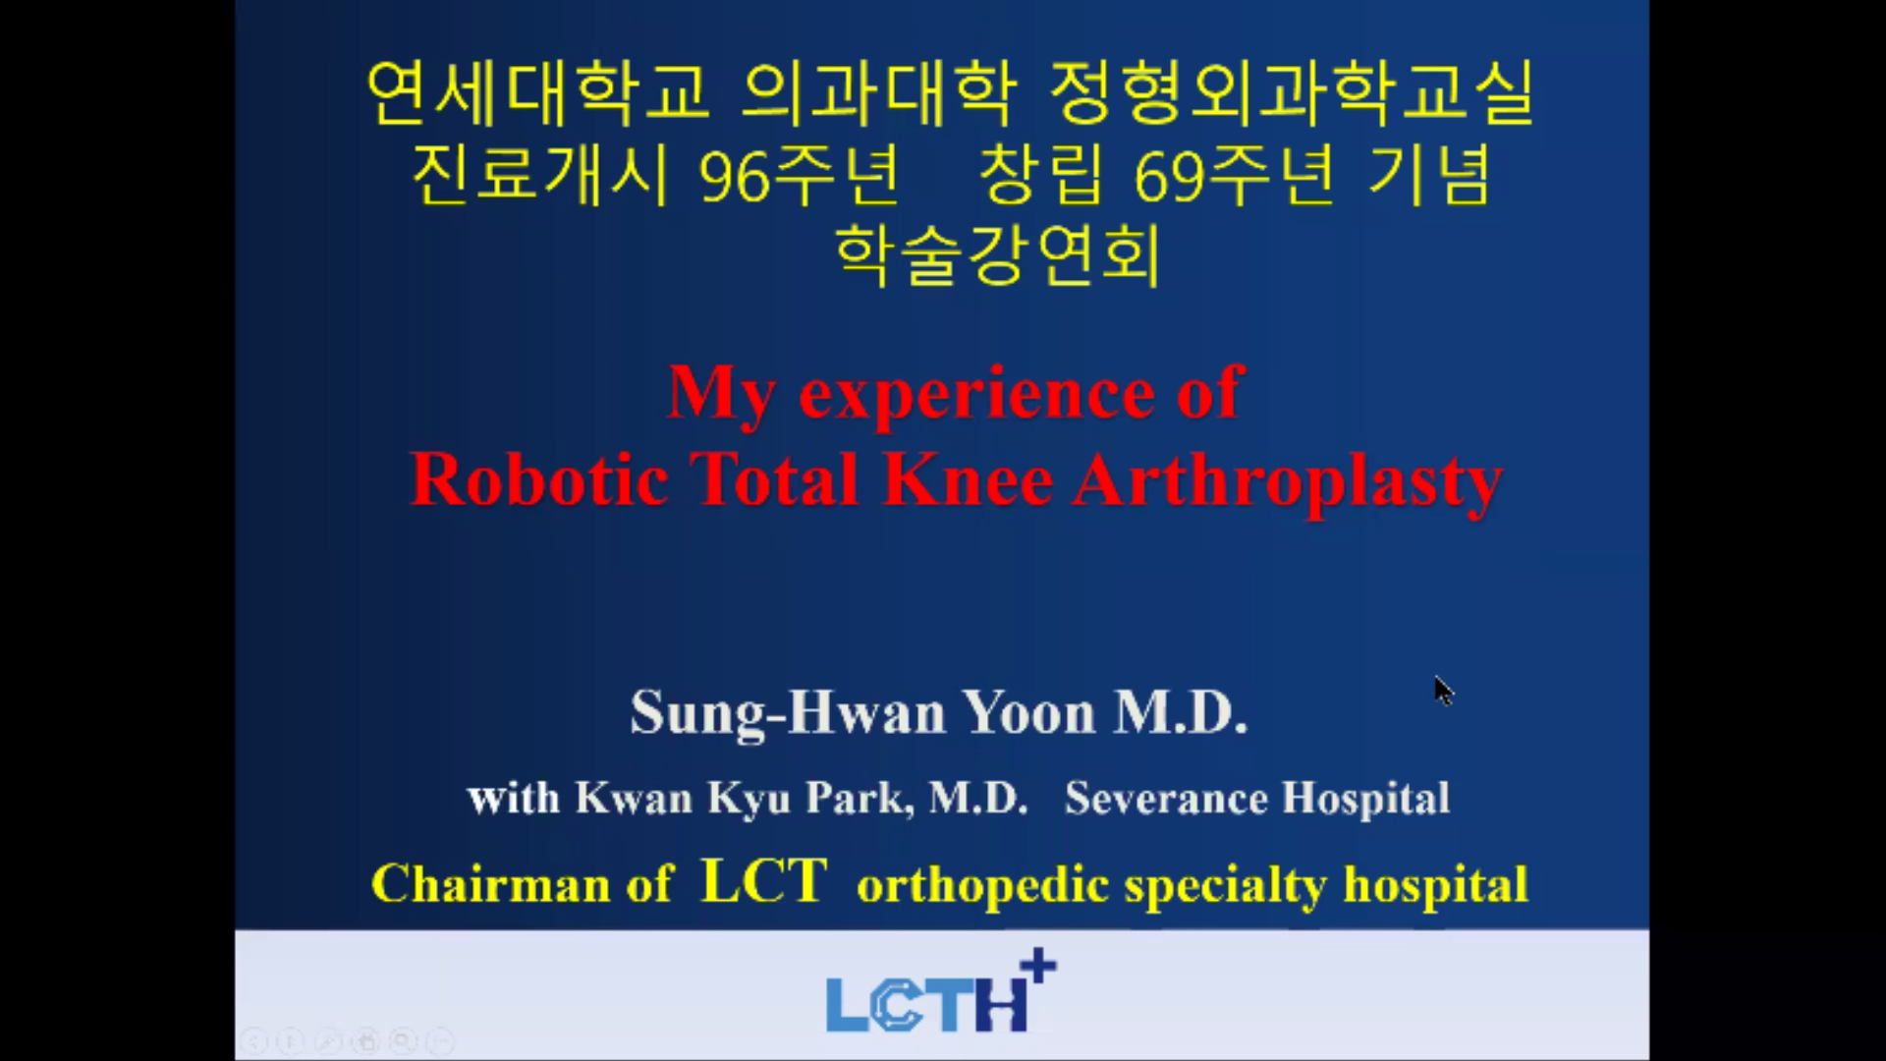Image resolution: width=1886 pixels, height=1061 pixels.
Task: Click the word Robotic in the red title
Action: pyautogui.click(x=539, y=480)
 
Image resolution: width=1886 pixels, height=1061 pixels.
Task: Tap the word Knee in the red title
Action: pyautogui.click(x=968, y=480)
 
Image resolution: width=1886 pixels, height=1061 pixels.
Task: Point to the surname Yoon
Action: pyautogui.click(x=1028, y=712)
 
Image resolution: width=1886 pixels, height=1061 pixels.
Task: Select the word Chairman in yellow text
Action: pyautogui.click(x=490, y=883)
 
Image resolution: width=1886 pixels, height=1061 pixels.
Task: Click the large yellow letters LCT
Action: pyautogui.click(x=764, y=880)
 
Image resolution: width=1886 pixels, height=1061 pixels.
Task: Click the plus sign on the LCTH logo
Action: pyautogui.click(x=1038, y=966)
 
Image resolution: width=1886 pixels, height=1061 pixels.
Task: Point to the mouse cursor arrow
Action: pyautogui.click(x=1443, y=691)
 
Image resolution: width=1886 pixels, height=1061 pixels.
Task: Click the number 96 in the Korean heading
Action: pyautogui.click(x=734, y=178)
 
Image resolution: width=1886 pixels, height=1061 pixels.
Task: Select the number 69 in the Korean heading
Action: pyautogui.click(x=1169, y=178)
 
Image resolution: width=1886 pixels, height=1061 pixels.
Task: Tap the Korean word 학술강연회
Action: pyautogui.click(x=997, y=254)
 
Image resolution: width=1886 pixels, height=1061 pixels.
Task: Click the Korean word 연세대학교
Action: pyautogui.click(x=537, y=93)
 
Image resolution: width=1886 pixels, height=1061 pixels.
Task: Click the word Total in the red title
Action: pyautogui.click(x=774, y=480)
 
